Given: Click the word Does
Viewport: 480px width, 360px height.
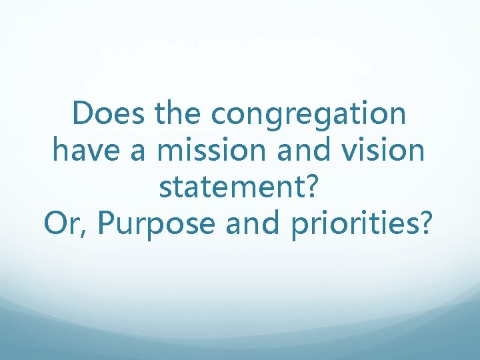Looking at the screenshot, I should [x=109, y=114].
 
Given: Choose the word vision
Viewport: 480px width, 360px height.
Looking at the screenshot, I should [x=387, y=151].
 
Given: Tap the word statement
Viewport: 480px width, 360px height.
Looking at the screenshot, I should [x=233, y=189].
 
